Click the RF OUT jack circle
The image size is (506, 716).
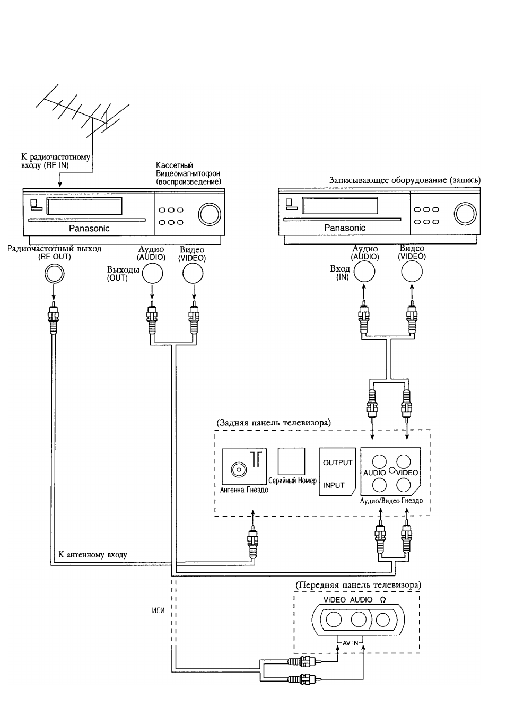54,274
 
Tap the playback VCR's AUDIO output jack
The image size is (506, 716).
152,273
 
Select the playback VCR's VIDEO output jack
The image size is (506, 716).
193,273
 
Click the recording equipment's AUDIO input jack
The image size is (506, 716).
364,272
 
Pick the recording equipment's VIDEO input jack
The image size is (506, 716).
412,272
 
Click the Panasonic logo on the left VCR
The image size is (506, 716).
89,228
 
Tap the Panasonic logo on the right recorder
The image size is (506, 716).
345,228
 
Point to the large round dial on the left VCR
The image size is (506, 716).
210,214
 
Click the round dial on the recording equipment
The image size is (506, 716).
465,214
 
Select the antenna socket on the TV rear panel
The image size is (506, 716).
239,469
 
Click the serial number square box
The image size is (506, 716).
291,461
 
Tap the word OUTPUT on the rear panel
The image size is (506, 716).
337,462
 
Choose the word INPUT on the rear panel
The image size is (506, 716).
334,485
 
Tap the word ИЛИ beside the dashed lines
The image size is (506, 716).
158,610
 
